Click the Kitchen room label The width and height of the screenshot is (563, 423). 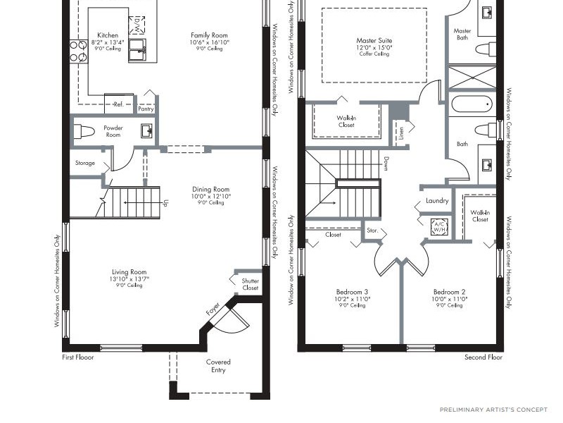tap(108, 35)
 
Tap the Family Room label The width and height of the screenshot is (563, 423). tap(209, 35)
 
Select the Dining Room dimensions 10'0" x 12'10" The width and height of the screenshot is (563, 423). tap(210, 197)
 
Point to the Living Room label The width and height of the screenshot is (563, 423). tap(129, 272)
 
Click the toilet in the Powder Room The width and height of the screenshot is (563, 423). tap(84, 131)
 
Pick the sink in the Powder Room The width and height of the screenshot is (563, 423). tap(147, 131)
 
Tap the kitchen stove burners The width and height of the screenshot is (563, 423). tap(78, 51)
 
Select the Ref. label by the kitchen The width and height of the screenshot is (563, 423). tap(118, 104)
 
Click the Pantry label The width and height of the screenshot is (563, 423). tap(146, 109)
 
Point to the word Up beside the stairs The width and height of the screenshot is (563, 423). tap(165, 203)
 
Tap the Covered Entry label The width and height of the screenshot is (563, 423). tap(218, 366)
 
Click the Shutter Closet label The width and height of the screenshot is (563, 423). tap(251, 284)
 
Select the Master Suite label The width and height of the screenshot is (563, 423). tap(374, 41)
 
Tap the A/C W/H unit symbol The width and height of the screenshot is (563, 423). tap(439, 226)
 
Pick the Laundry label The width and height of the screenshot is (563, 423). tap(437, 201)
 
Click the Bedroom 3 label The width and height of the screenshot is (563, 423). tap(353, 292)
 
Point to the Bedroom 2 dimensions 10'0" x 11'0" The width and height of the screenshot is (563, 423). tap(449, 299)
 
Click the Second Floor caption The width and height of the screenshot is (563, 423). tap(483, 357)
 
